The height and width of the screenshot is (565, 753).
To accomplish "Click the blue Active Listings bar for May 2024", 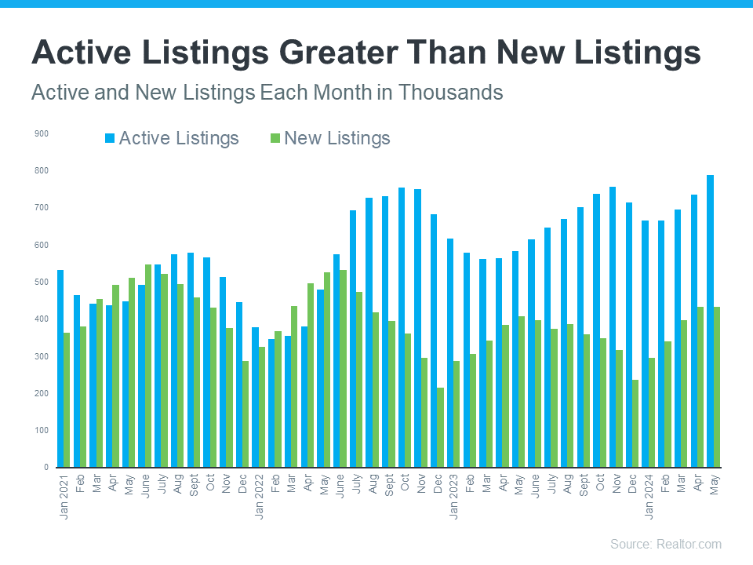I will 710,321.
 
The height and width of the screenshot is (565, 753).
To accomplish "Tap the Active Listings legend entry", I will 171,139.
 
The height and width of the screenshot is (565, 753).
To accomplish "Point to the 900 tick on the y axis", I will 42,134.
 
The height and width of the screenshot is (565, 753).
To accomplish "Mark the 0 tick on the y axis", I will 45,468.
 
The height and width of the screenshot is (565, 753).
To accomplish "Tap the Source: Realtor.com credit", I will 665,544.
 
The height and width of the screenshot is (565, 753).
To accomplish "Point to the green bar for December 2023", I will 635,424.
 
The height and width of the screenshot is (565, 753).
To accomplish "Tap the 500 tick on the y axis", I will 42,282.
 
